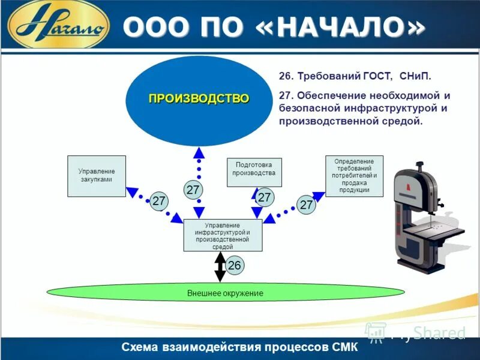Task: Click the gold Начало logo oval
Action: pyautogui.click(x=58, y=26)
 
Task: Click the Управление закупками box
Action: pyautogui.click(x=97, y=176)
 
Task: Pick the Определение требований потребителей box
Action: pyautogui.click(x=354, y=176)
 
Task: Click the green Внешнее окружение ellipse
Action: pyautogui.click(x=225, y=293)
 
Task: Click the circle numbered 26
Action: pyautogui.click(x=235, y=265)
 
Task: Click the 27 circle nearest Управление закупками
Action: pyautogui.click(x=158, y=202)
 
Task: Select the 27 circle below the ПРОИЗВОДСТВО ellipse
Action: pyautogui.click(x=193, y=190)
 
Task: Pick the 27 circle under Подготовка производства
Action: pyautogui.click(x=265, y=197)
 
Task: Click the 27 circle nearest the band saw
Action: pyautogui.click(x=307, y=205)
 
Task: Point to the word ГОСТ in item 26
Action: pyautogui.click(x=376, y=77)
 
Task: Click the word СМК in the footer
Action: pyautogui.click(x=344, y=347)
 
